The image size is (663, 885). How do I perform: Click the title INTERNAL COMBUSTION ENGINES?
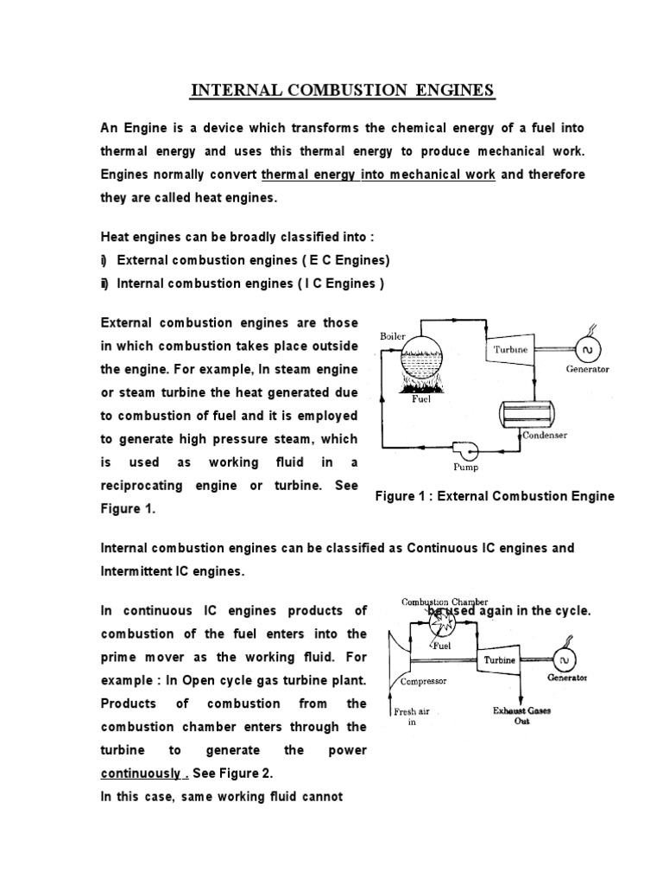point(343,90)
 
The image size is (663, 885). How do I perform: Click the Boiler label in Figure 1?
point(392,334)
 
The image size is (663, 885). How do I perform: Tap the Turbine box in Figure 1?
point(510,350)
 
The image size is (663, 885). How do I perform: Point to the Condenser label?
point(545,436)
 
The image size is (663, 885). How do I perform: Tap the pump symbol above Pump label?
point(463,447)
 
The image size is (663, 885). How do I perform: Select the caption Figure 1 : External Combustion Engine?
point(496,496)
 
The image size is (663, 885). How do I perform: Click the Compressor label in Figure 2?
point(422,681)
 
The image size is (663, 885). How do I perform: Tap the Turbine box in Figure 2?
point(499,661)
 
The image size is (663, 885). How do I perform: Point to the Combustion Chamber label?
point(445,602)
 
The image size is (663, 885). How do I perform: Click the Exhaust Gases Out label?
point(521,716)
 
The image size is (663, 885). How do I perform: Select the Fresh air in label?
point(411,717)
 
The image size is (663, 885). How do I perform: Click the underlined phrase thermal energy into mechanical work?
point(377,175)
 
